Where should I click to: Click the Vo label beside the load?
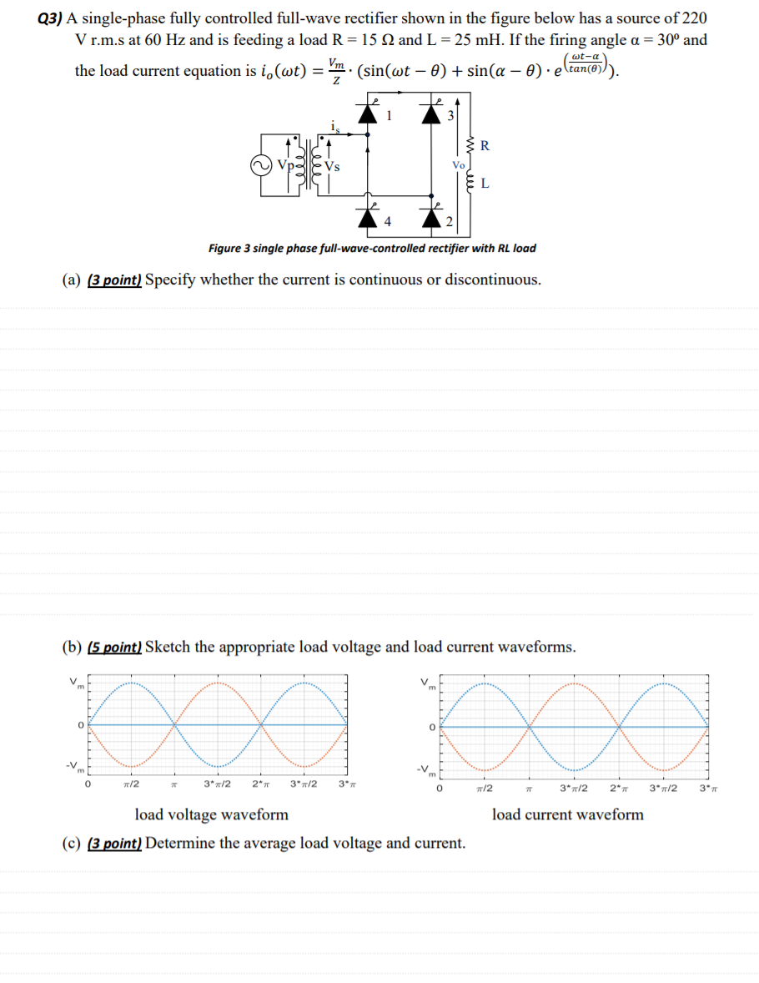tap(457, 165)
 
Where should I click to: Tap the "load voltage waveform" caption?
tap(211, 814)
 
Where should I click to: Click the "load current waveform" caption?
tap(567, 814)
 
